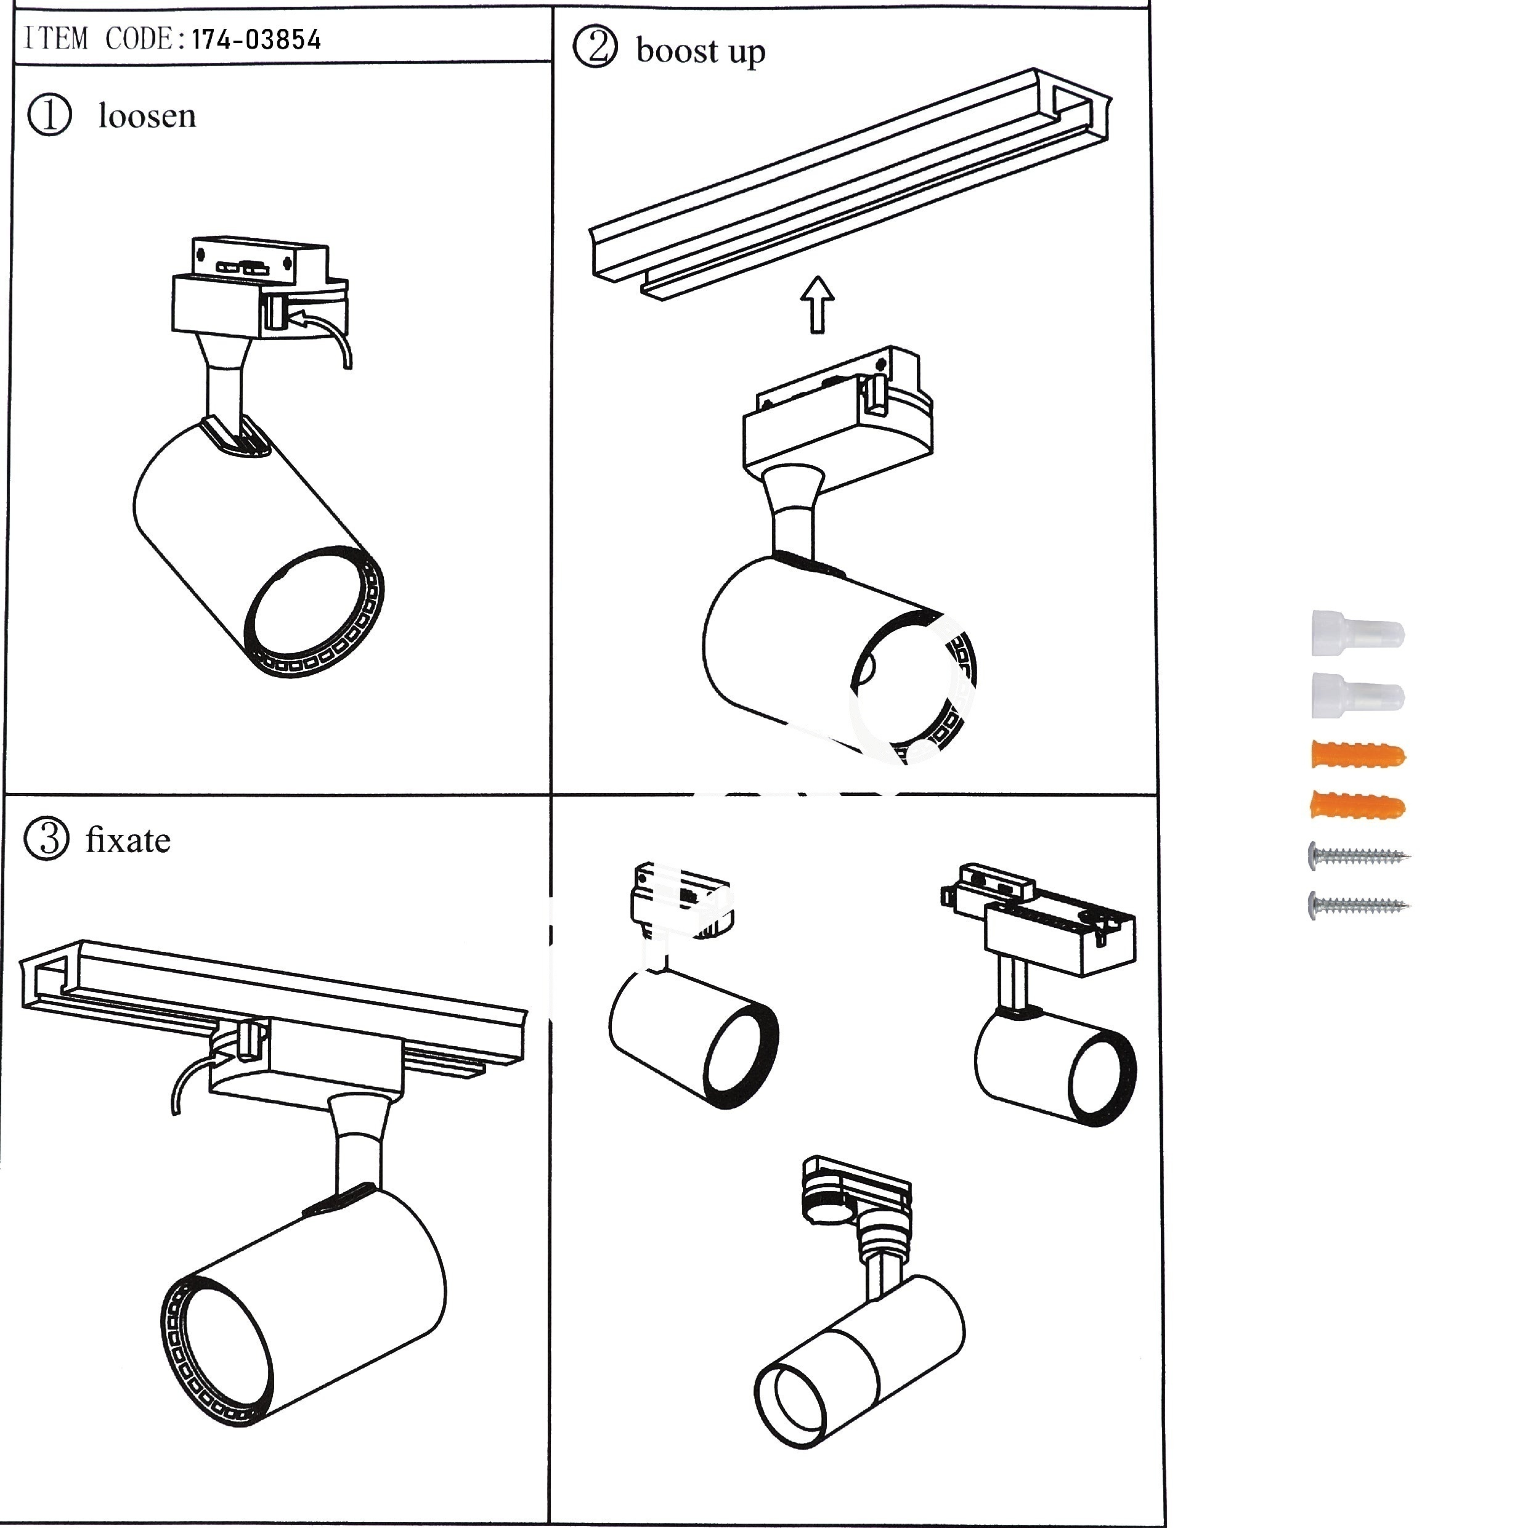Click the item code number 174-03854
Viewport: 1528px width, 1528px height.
(256, 39)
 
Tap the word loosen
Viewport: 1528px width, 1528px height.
(147, 116)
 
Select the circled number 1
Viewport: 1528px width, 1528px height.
(50, 115)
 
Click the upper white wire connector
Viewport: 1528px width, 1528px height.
(1357, 633)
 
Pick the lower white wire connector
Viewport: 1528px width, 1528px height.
(1357, 695)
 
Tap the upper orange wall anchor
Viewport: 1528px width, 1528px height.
(1358, 755)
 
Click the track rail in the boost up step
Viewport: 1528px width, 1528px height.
(850, 184)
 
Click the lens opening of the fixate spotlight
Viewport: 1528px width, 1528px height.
(221, 1369)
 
